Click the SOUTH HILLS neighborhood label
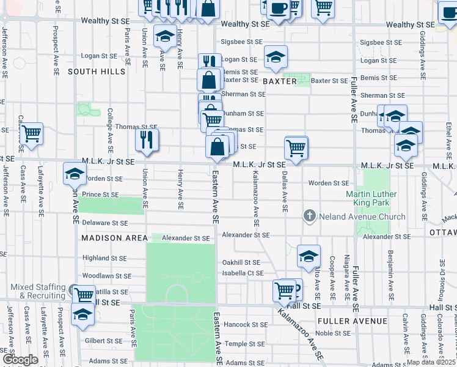click(97, 72)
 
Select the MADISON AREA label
click(114, 237)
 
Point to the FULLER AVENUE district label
click(352, 321)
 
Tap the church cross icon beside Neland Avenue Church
click(310, 216)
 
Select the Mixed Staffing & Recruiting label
click(38, 291)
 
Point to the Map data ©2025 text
click(431, 362)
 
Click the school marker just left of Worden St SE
click(75, 175)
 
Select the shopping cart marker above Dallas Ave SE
click(296, 148)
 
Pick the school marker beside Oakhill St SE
click(309, 256)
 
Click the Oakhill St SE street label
click(243, 262)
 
